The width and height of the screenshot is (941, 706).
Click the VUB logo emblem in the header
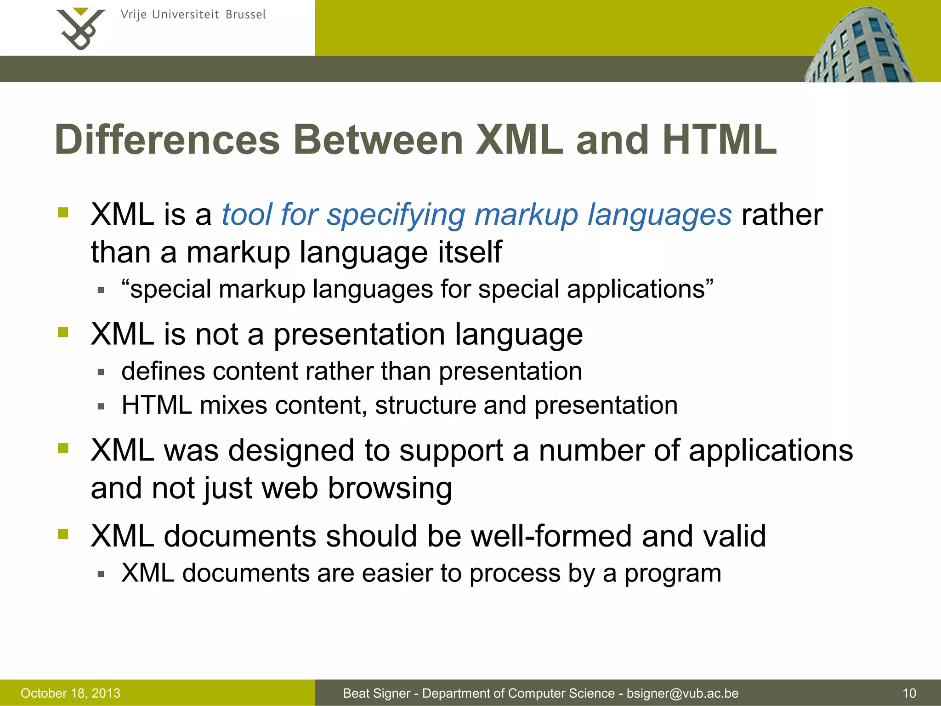pos(80,28)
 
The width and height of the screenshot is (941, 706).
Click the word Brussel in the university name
pos(246,15)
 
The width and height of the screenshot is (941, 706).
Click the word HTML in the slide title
pos(719,140)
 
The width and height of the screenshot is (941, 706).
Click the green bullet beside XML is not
pos(63,332)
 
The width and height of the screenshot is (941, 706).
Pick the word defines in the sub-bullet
pos(163,371)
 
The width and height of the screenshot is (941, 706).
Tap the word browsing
pos(390,488)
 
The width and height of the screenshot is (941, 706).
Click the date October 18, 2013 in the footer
pos(70,693)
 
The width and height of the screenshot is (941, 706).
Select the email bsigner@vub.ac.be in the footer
pos(682,693)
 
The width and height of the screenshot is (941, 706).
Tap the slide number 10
pos(909,693)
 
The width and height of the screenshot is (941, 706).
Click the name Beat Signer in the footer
pos(376,693)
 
